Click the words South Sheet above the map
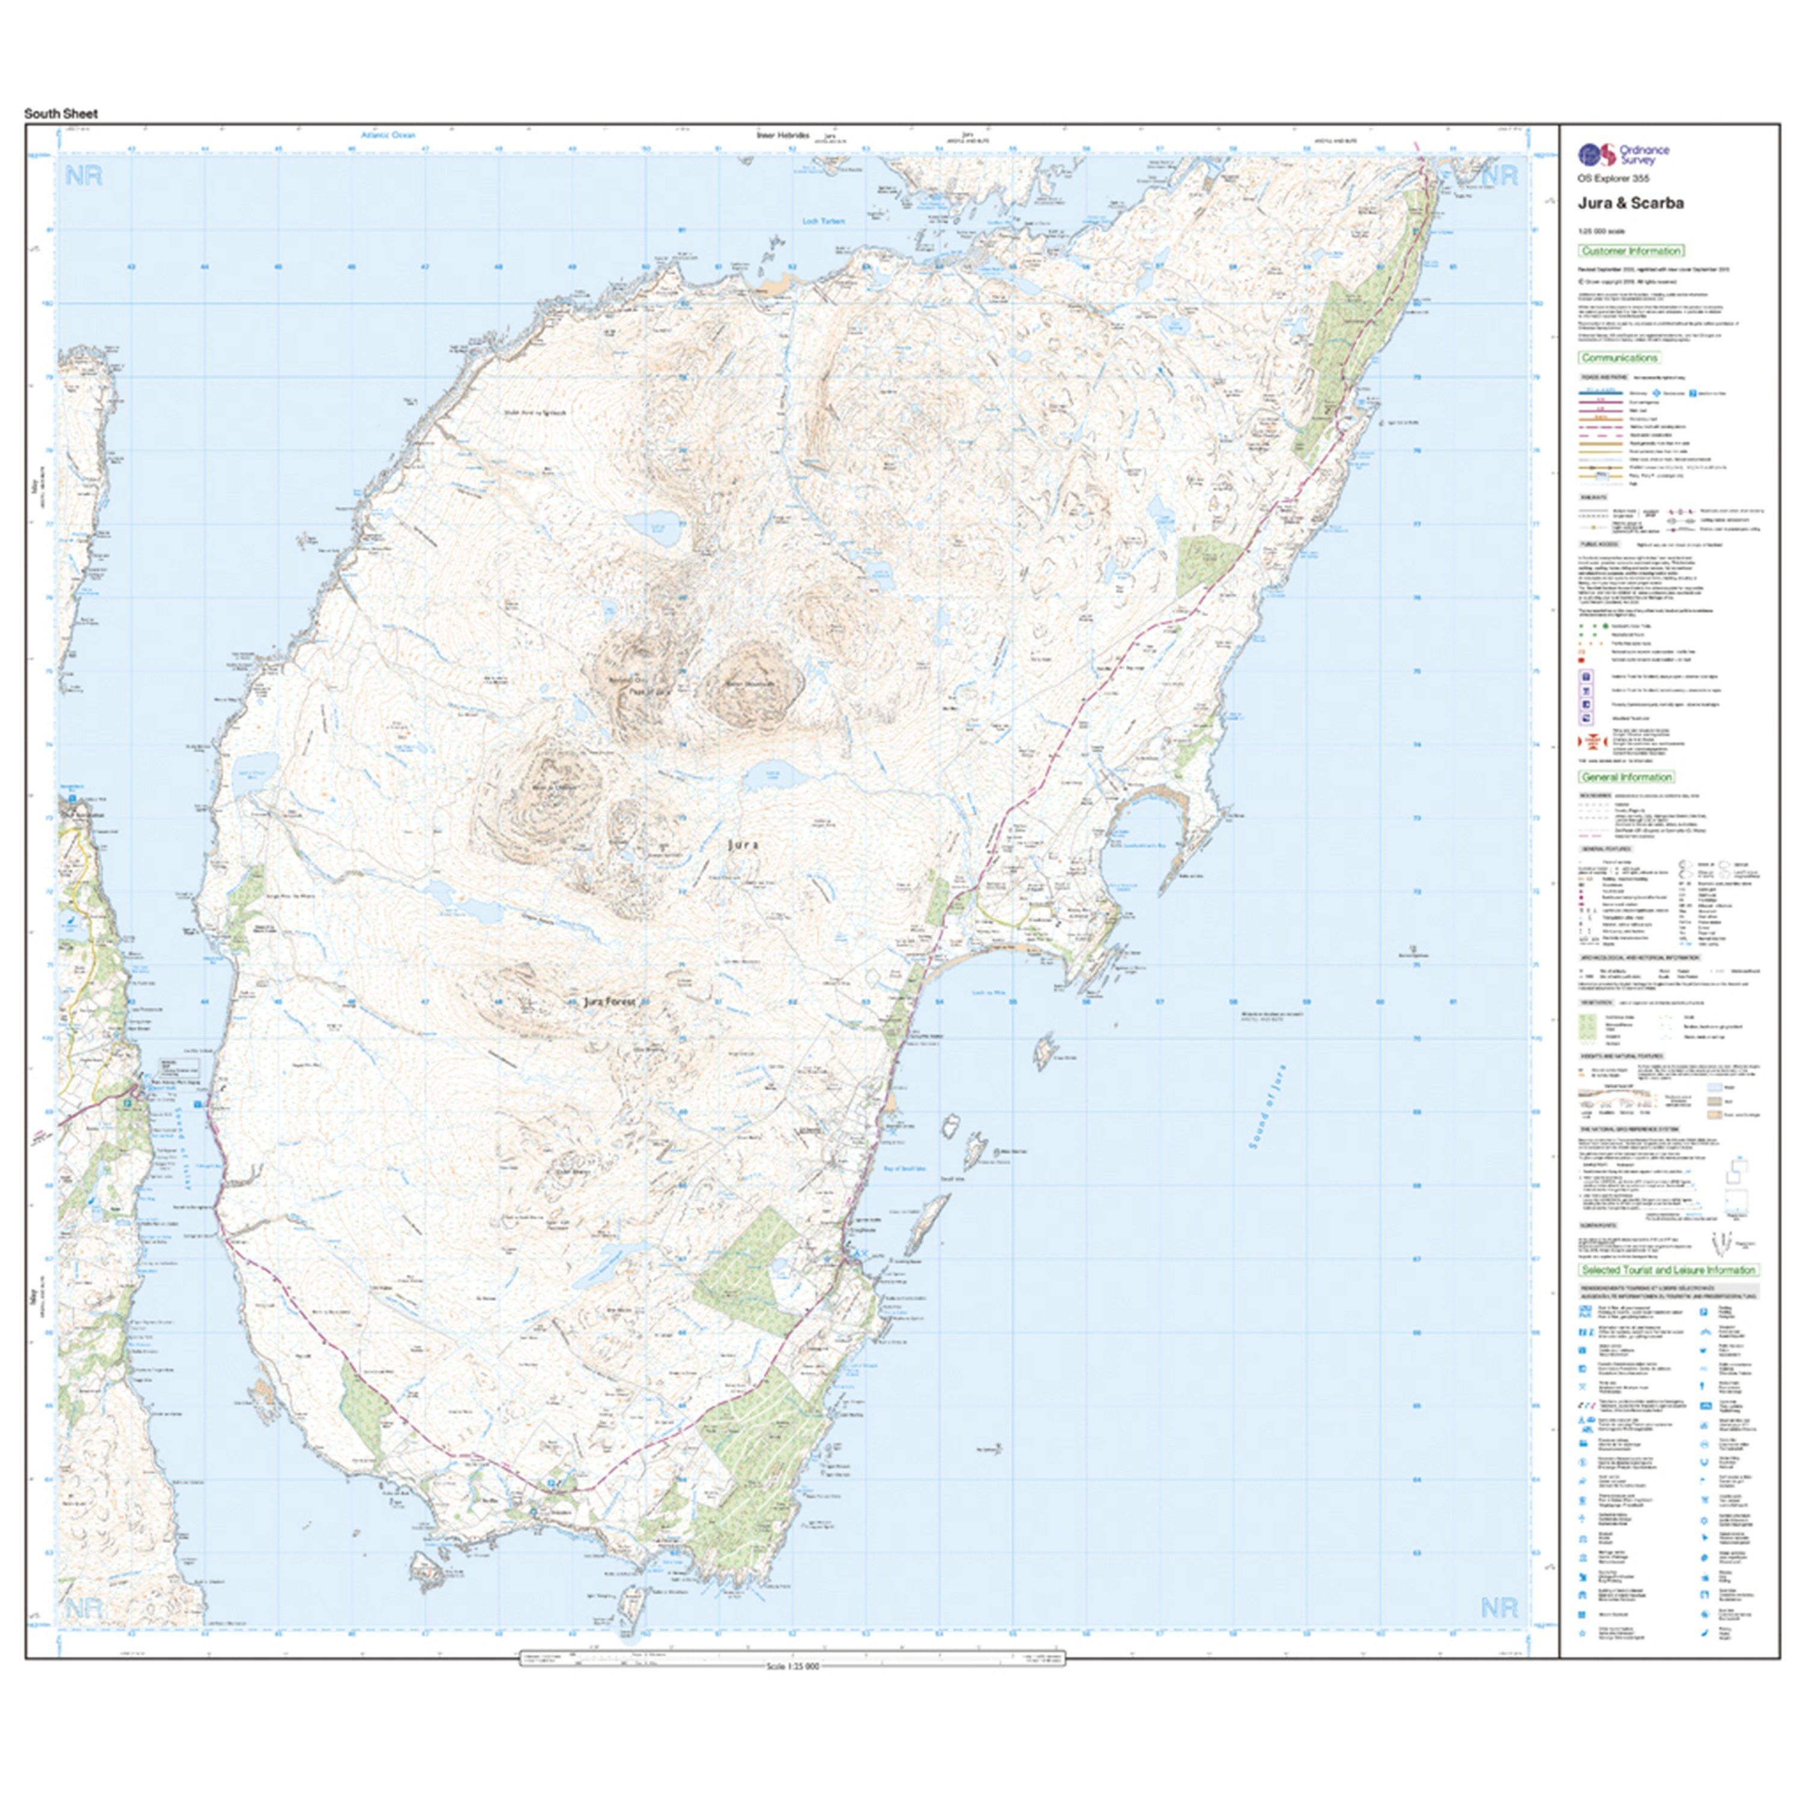pos(61,114)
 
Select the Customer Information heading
pos(1631,250)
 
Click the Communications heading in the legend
pos(1619,358)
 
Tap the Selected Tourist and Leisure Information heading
pos(1668,1270)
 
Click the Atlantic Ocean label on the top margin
pos(388,135)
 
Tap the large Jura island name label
pos(744,844)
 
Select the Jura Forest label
pos(609,1001)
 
